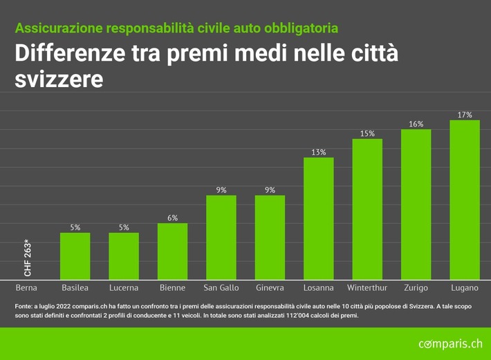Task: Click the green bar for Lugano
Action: pos(465,200)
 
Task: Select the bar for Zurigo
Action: pos(416,204)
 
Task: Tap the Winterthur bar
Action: pos(367,209)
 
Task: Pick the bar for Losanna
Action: pos(318,218)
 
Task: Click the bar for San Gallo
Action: pos(221,237)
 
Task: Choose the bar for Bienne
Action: pos(172,251)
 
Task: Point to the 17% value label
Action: pos(465,115)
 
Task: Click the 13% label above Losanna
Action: pos(318,152)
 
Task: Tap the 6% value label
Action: pos(172,218)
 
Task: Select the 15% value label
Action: pos(367,133)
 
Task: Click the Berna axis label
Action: pos(26,287)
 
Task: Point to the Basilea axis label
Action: pos(75,287)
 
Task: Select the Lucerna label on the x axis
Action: pos(124,287)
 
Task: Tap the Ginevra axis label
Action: pos(270,287)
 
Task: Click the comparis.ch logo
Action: pos(450,343)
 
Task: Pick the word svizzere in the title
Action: pos(59,79)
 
